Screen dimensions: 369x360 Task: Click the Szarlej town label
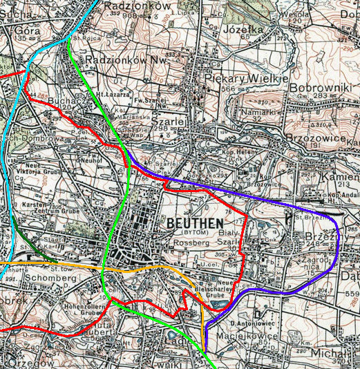coord(176,120)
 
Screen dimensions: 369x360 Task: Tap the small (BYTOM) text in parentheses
coord(182,234)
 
